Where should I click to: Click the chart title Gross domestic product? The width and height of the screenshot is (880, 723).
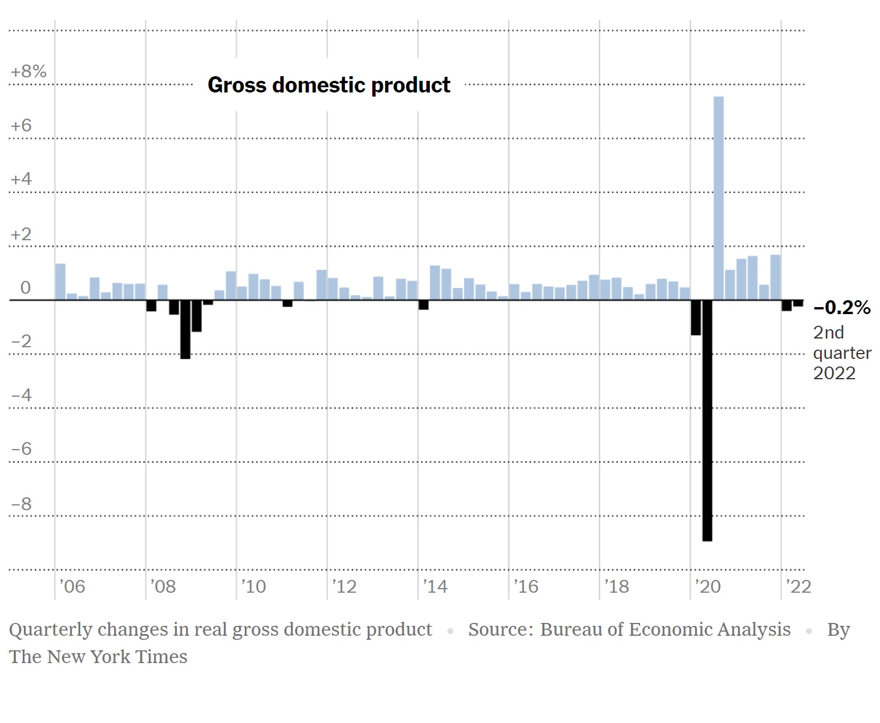[x=329, y=85]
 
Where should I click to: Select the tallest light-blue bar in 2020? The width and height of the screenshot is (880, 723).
[x=718, y=198]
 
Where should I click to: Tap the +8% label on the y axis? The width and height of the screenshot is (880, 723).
[x=28, y=72]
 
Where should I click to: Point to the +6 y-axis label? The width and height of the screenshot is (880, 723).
[x=21, y=126]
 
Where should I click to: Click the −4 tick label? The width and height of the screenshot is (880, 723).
[x=21, y=396]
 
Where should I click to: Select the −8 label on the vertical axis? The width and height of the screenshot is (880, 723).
[x=21, y=504]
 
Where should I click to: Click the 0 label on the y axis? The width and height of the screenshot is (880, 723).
[x=25, y=288]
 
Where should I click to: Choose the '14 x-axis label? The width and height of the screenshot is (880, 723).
[x=435, y=586]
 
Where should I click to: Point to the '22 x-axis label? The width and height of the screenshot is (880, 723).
[x=798, y=586]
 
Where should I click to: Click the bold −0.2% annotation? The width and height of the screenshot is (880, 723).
[x=842, y=308]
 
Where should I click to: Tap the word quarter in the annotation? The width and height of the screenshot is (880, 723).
[x=842, y=353]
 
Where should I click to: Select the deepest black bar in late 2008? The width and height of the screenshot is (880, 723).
[x=185, y=329]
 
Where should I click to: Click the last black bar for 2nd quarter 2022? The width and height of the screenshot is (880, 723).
[x=798, y=303]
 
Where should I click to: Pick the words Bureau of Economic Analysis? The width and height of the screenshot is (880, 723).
[x=665, y=630]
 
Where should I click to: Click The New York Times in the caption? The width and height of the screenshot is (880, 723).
[x=98, y=657]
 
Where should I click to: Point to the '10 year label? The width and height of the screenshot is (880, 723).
[x=254, y=586]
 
